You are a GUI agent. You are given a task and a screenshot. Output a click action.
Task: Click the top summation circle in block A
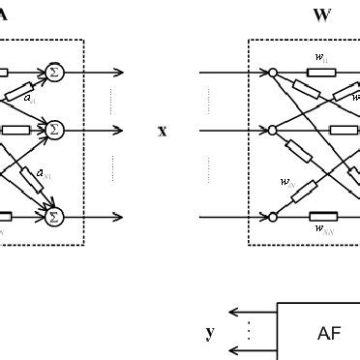pyautogui.click(x=54, y=72)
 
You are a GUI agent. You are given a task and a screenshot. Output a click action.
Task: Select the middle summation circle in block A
pyautogui.click(x=54, y=129)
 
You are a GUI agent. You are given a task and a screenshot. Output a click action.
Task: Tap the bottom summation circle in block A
pyautogui.click(x=54, y=217)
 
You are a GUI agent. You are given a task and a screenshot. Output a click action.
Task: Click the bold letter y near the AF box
pyautogui.click(x=209, y=332)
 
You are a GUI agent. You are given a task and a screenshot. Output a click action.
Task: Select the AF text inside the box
pyautogui.click(x=329, y=333)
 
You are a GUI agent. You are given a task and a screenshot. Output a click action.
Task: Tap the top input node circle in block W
pyautogui.click(x=273, y=72)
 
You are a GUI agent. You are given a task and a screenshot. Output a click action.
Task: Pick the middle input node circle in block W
pyautogui.click(x=273, y=129)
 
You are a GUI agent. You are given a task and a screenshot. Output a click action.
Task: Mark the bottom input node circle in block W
pyautogui.click(x=273, y=217)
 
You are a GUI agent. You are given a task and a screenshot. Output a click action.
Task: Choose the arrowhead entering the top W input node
pyautogui.click(x=262, y=72)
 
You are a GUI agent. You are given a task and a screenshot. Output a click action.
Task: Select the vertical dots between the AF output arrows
pyautogui.click(x=247, y=332)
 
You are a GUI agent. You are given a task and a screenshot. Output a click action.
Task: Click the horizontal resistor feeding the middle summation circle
pyautogui.click(x=15, y=129)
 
